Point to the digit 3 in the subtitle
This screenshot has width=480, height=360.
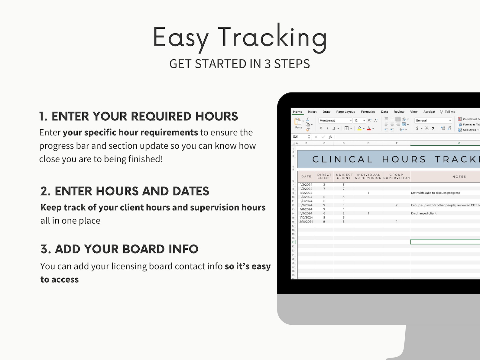pos(268,64)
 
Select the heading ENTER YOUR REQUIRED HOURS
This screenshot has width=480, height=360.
pos(138,116)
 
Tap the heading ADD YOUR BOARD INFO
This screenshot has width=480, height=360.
pos(119,249)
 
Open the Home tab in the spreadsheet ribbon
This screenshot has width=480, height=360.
pos(298,112)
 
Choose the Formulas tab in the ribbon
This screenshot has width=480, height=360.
pos(368,112)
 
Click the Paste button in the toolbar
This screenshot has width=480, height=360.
pos(299,123)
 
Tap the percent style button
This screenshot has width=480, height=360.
pos(426,128)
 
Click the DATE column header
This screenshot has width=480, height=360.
pos(306,177)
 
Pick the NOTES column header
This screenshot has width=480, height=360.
pos(459,177)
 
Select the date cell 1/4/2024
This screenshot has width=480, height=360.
pos(306,193)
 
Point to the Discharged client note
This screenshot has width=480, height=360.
pos(423,213)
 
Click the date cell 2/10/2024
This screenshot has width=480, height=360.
pos(306,222)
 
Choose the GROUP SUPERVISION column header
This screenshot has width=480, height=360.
pos(397,177)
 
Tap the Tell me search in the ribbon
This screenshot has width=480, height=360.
pos(449,112)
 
